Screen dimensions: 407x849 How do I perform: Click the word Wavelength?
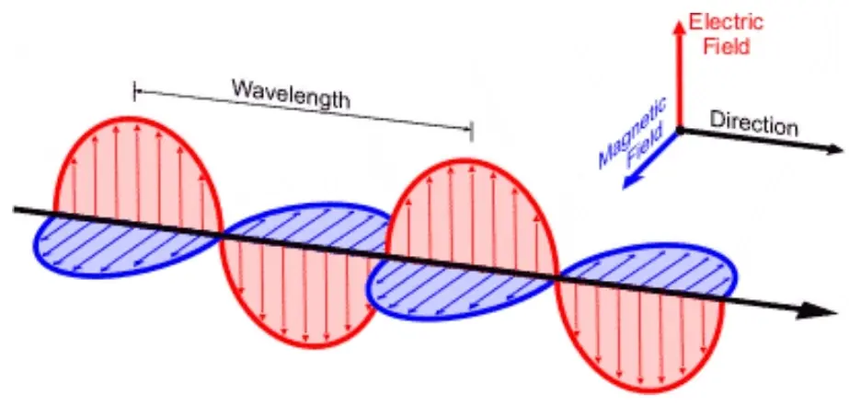(290, 95)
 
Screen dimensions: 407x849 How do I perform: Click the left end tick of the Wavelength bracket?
(135, 90)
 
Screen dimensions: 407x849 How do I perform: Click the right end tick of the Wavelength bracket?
(471, 131)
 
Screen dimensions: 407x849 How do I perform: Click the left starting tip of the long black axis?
(15, 209)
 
